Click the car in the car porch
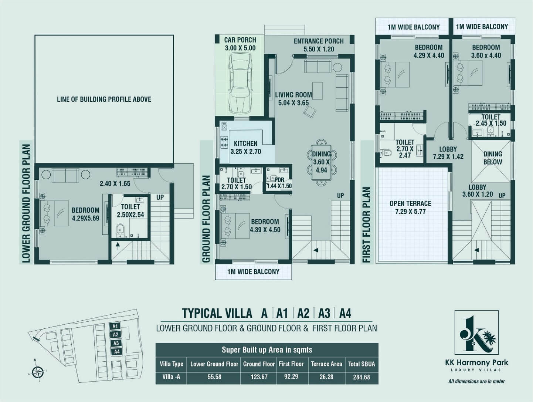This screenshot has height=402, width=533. point(240,83)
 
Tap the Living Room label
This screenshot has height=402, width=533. point(293,99)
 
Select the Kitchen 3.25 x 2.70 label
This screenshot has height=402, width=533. point(245,148)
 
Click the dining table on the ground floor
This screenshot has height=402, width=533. point(322,162)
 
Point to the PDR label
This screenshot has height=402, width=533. point(279,183)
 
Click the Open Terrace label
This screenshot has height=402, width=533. point(410,207)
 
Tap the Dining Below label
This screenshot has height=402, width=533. point(492,158)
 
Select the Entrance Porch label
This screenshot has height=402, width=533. point(319,45)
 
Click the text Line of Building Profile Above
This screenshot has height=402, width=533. point(104,99)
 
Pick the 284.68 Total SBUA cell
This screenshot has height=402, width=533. point(361,377)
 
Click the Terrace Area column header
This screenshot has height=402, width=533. point(326,364)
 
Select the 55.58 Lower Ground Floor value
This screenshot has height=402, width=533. point(214,377)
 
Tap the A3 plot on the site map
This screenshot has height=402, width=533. point(116,343)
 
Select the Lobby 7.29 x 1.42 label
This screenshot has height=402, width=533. point(448,153)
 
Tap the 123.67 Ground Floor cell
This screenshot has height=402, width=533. point(259,377)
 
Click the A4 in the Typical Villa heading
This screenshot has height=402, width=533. point(345,313)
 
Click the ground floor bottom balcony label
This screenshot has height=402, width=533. point(253,271)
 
